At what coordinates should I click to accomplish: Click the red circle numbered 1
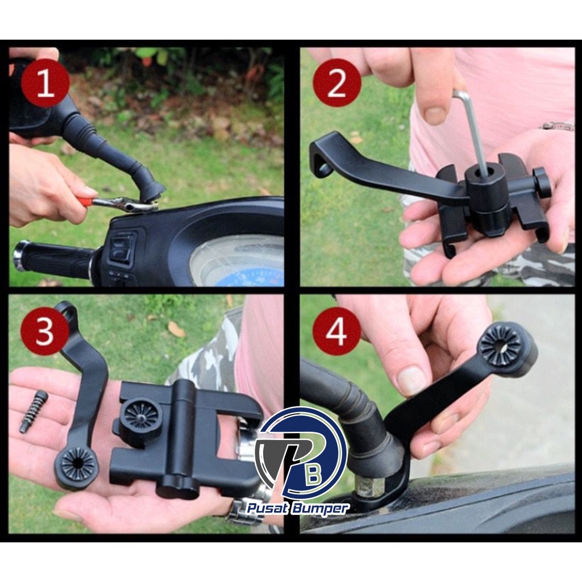(x=45, y=83)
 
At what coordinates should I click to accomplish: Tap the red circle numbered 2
(x=337, y=83)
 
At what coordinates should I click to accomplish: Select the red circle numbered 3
(x=45, y=331)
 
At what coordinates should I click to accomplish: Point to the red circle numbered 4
(x=337, y=331)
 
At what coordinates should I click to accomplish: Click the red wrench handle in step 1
(x=85, y=201)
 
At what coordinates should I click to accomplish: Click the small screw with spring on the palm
(x=34, y=411)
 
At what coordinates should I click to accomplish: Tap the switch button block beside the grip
(x=122, y=246)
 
